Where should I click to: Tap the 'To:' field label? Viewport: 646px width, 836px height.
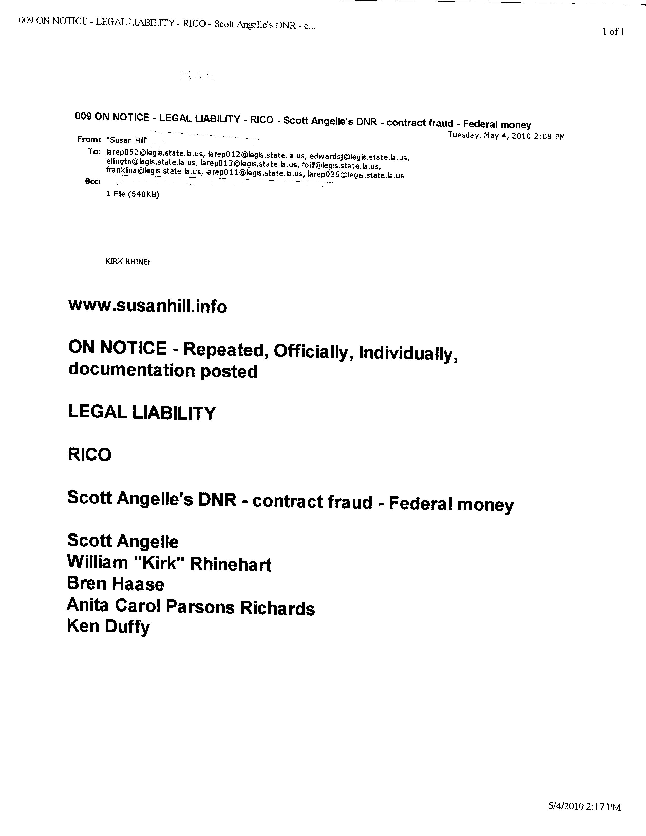pos(94,151)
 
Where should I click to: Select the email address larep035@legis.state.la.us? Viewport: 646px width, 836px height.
pos(355,176)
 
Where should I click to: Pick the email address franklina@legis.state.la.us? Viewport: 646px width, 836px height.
pos(154,172)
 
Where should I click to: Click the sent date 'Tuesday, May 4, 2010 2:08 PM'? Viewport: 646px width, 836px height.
pos(506,136)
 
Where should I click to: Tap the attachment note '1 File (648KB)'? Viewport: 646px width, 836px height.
pos(132,194)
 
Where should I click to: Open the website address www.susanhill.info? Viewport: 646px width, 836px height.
pos(147,306)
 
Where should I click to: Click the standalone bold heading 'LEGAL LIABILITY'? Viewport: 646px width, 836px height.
pos(142,413)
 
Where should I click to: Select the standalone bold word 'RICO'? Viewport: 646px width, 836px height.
pos(89,455)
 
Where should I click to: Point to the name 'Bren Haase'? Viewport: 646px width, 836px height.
pos(116,584)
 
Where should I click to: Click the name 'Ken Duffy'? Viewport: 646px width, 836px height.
pos(109,626)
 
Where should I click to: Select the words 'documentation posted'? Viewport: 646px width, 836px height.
pos(163,371)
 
